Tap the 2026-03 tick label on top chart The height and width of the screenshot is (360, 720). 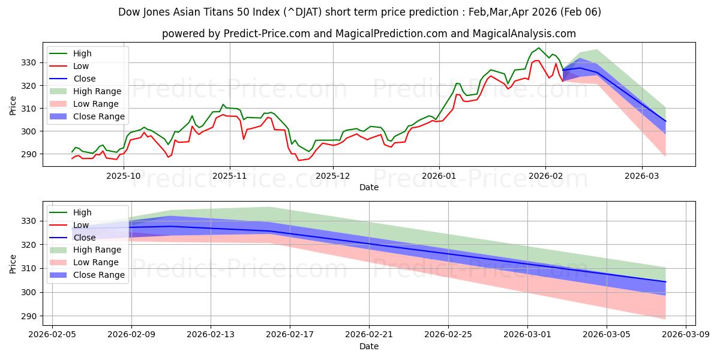tap(642, 176)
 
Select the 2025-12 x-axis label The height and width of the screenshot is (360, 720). tap(332, 176)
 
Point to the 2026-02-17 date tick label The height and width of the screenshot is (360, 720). tap(290, 335)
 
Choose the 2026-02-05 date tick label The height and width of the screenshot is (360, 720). tap(52, 335)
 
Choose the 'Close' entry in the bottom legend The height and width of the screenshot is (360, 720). tap(83, 238)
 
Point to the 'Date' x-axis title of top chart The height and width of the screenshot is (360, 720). tap(368, 187)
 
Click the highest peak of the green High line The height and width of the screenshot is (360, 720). tap(538, 48)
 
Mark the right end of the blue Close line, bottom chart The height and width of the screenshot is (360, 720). tap(665, 281)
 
